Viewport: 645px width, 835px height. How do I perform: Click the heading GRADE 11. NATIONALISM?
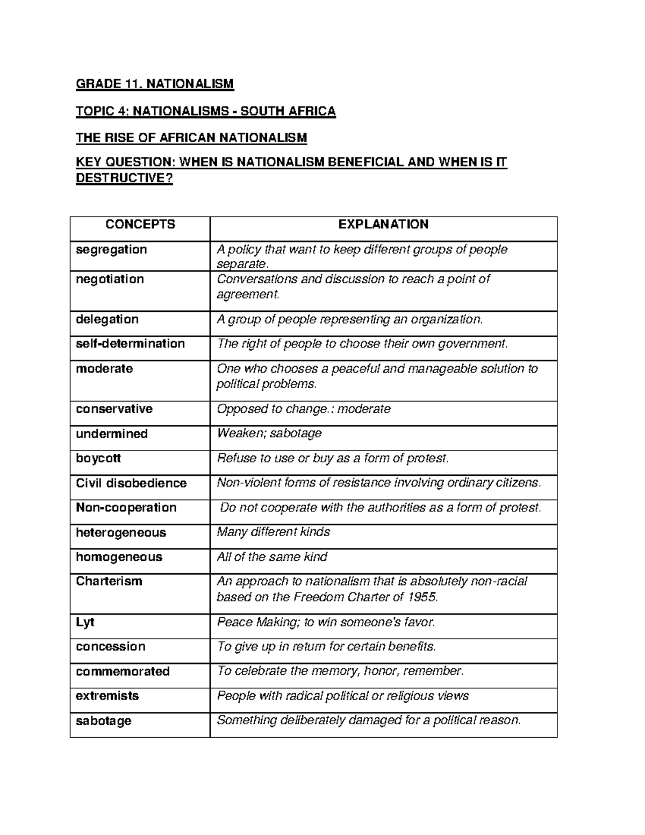pos(155,84)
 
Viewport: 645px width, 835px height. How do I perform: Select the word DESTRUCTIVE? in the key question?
pos(124,179)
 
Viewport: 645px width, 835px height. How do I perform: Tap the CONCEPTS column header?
pos(140,225)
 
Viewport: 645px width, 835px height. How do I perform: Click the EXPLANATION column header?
pos(383,225)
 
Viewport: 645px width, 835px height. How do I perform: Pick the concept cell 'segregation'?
pos(111,250)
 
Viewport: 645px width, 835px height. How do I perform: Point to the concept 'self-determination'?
pos(130,344)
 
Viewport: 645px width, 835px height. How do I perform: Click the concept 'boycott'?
pos(98,459)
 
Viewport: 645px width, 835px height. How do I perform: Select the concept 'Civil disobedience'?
pos(131,483)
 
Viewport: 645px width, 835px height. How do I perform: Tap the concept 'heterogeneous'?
pos(121,533)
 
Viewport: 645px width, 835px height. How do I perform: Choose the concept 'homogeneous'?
pos(119,557)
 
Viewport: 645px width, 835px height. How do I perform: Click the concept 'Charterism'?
pos(109,582)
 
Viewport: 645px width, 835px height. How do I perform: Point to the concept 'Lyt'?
pos(85,622)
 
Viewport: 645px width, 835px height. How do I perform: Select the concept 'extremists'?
pos(107,696)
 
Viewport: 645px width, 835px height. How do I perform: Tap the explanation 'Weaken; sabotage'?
pos(269,434)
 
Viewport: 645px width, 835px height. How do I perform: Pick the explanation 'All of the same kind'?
pos(271,557)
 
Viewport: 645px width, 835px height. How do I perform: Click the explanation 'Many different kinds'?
pos(273,532)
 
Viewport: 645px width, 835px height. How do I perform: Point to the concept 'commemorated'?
pos(123,672)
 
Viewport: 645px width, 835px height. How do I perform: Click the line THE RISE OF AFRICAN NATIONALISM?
pos(191,138)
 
